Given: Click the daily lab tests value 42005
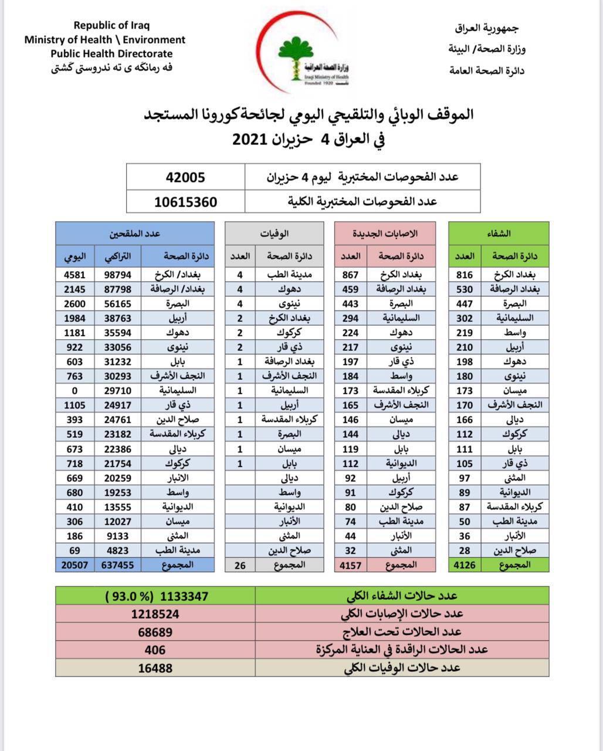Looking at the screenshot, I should pyautogui.click(x=185, y=177).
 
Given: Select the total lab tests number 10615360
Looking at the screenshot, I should pyautogui.click(x=185, y=202).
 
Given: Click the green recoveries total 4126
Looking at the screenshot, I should pyautogui.click(x=465, y=565).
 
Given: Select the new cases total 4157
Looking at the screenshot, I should pyautogui.click(x=351, y=565).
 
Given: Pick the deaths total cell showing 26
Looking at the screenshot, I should pyautogui.click(x=239, y=565).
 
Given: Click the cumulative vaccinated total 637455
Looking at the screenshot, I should pyautogui.click(x=117, y=565).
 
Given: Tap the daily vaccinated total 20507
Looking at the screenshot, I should pyautogui.click(x=74, y=565).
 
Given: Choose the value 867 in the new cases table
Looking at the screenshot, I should pyautogui.click(x=350, y=275).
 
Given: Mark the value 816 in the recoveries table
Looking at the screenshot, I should pyautogui.click(x=465, y=275).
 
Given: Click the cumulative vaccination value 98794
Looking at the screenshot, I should pyautogui.click(x=117, y=275).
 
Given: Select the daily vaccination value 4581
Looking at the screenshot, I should pyautogui.click(x=74, y=275).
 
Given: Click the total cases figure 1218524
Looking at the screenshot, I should pyautogui.click(x=155, y=614).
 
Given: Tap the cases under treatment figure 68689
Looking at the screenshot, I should pyautogui.click(x=155, y=632).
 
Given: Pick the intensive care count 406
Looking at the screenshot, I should pyautogui.click(x=155, y=650).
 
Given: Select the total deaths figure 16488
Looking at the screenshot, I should pyautogui.click(x=155, y=668).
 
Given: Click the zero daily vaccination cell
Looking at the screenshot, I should pyautogui.click(x=74, y=391).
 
